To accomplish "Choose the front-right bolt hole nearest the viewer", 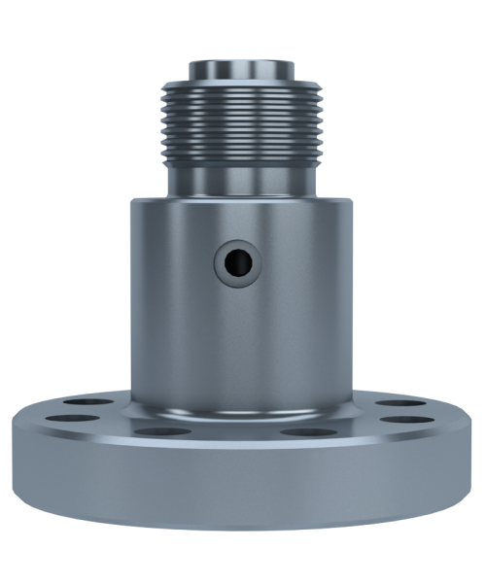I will [x=311, y=430].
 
